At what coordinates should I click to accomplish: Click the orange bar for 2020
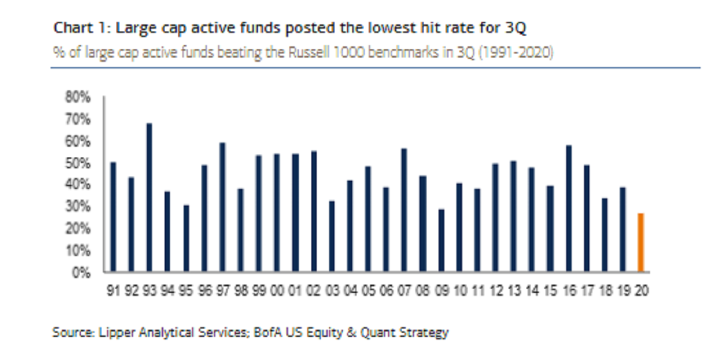641,242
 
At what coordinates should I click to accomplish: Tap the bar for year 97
222,207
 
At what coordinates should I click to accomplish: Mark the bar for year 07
404,210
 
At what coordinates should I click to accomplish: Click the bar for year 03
332,236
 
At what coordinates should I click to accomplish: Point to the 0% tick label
82,273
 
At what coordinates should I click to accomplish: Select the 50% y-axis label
78,163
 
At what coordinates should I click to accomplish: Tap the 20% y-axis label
78,229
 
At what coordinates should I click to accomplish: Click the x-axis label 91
113,291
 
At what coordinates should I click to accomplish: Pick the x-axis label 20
641,291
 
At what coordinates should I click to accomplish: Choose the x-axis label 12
496,291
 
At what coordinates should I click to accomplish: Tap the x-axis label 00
277,291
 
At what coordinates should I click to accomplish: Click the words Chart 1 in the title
74,28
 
